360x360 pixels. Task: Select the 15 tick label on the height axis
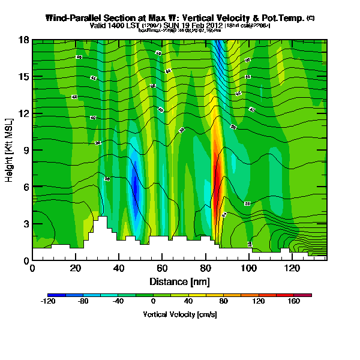coord(23,77)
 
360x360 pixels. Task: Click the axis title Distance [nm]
coord(179,281)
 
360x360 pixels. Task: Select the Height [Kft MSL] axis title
coord(10,149)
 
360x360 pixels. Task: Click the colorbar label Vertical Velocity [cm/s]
coord(179,314)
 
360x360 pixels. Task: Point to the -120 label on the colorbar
coord(48,302)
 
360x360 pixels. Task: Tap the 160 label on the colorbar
coord(294,302)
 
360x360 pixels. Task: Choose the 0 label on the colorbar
coord(153,302)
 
